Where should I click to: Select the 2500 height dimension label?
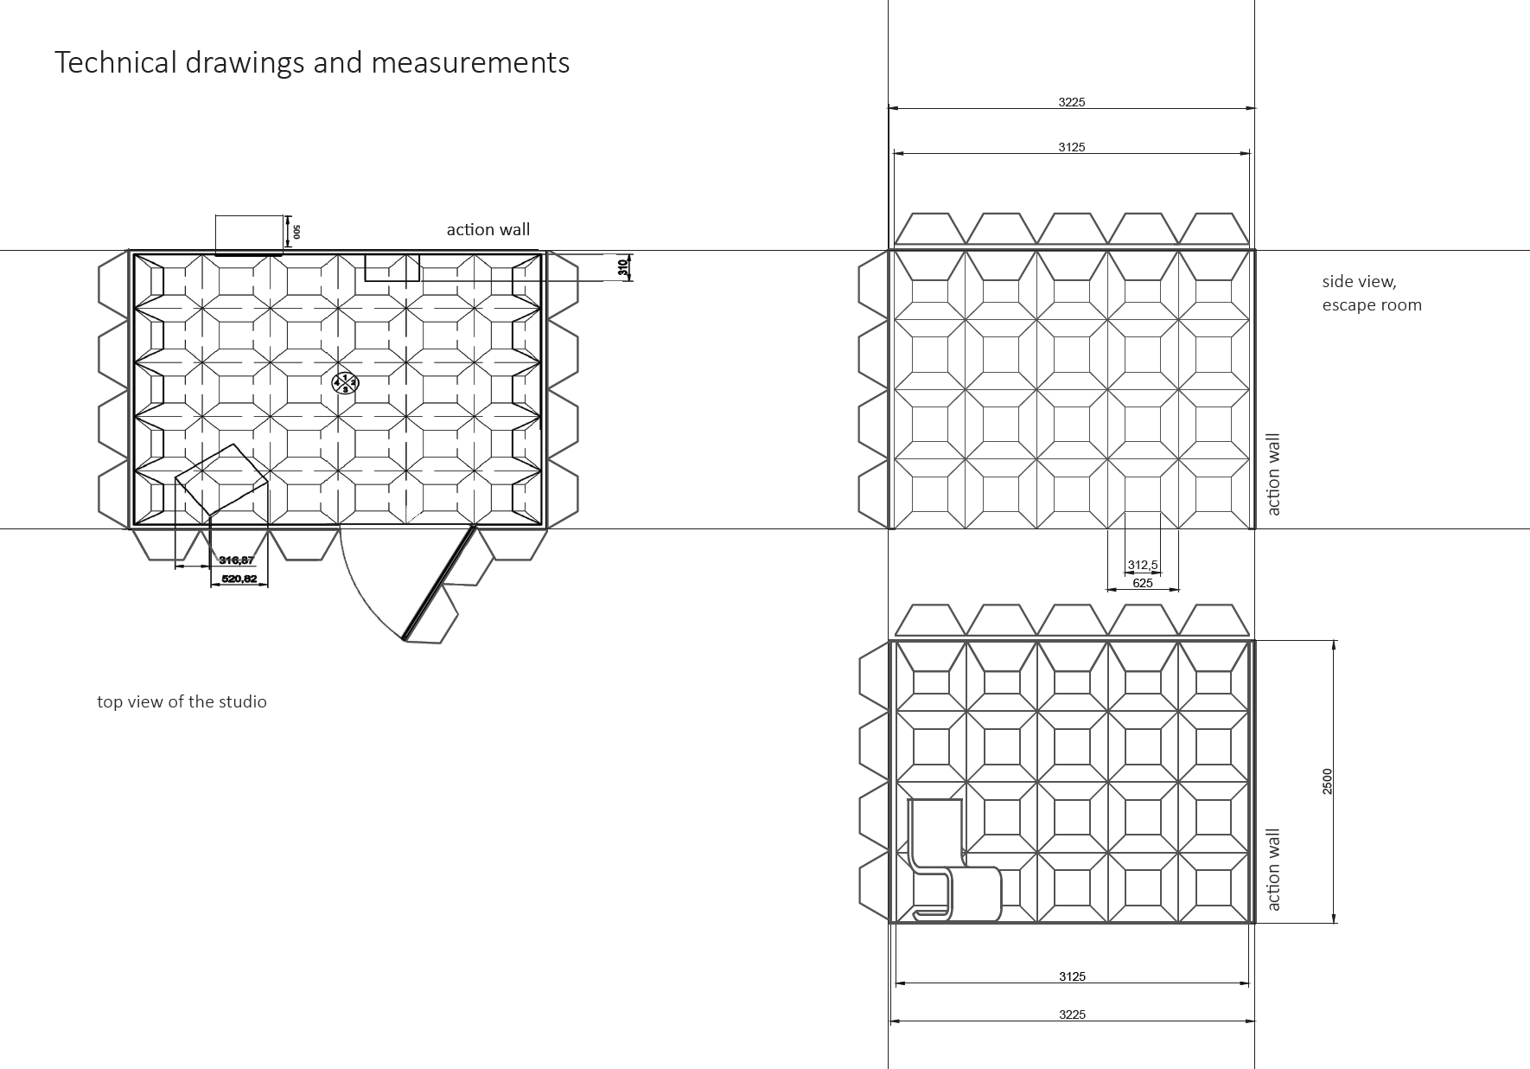pyautogui.click(x=1328, y=781)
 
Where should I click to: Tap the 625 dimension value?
pyautogui.click(x=1142, y=583)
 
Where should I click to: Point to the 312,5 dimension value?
pyautogui.click(x=1142, y=565)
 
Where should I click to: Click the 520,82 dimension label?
pyautogui.click(x=239, y=579)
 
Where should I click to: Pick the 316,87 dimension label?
pyautogui.click(x=236, y=560)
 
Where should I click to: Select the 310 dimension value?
pyautogui.click(x=622, y=267)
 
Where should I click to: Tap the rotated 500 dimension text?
pyautogui.click(x=296, y=232)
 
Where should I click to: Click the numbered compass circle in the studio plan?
pyautogui.click(x=345, y=382)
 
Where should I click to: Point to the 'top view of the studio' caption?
pyautogui.click(x=182, y=701)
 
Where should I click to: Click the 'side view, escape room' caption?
pyautogui.click(x=1371, y=292)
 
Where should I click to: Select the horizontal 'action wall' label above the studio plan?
pyautogui.click(x=488, y=229)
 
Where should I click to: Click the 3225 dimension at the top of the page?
pyautogui.click(x=1071, y=102)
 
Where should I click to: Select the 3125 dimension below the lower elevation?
pyautogui.click(x=1071, y=976)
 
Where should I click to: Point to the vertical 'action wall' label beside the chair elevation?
pyautogui.click(x=1272, y=869)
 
